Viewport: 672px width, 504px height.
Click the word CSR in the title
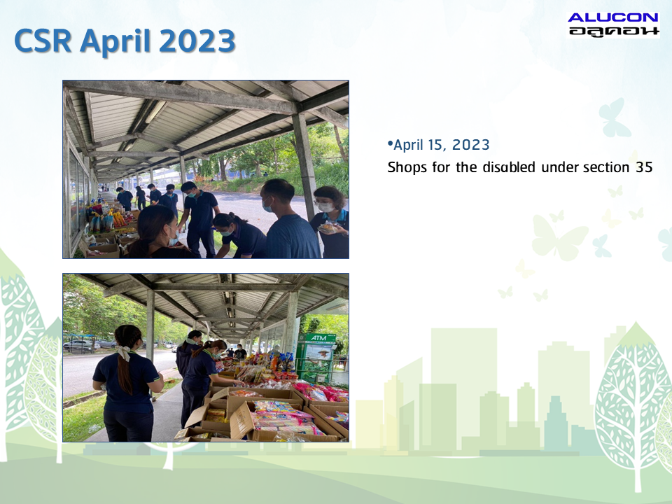(x=43, y=41)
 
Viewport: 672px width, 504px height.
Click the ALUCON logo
(x=613, y=24)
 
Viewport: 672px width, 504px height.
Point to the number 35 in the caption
(x=644, y=167)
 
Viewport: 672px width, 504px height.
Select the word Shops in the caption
(x=407, y=167)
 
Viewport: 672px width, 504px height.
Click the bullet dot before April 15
(x=390, y=143)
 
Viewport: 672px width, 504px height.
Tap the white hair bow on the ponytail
(x=125, y=352)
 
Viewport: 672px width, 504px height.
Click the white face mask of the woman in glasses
(x=325, y=207)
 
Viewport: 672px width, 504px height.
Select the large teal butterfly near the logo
(x=614, y=118)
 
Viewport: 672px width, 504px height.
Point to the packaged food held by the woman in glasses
(x=328, y=227)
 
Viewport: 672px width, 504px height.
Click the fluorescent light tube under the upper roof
(x=155, y=112)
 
